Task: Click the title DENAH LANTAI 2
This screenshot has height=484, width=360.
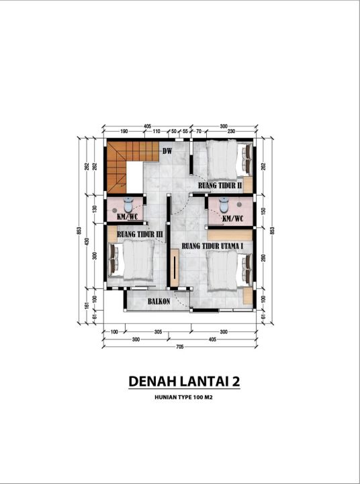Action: (184, 381)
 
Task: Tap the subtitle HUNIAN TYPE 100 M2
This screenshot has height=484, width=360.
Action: (183, 397)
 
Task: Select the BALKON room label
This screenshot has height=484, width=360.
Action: (159, 301)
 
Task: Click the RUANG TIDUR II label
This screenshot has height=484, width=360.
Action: (220, 186)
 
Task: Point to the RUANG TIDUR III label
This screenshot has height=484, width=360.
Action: (140, 235)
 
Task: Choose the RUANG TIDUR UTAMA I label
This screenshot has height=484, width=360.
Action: (212, 246)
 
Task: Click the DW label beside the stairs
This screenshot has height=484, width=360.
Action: (167, 151)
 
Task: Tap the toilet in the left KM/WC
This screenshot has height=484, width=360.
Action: (128, 204)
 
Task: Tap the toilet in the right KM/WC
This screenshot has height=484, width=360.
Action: (224, 205)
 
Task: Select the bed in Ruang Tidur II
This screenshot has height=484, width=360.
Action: (229, 161)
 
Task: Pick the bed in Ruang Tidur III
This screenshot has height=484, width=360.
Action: (132, 261)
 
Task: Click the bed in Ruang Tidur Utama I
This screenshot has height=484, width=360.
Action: (230, 271)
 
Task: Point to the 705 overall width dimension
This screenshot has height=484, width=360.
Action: (179, 347)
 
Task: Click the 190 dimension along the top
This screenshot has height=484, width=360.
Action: (124, 131)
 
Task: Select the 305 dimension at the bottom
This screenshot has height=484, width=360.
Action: (158, 332)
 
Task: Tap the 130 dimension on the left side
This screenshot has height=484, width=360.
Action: (95, 209)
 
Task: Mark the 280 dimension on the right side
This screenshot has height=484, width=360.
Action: (263, 258)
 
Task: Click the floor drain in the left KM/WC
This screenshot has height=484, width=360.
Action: (114, 210)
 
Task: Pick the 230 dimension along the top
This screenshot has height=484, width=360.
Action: (231, 131)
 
